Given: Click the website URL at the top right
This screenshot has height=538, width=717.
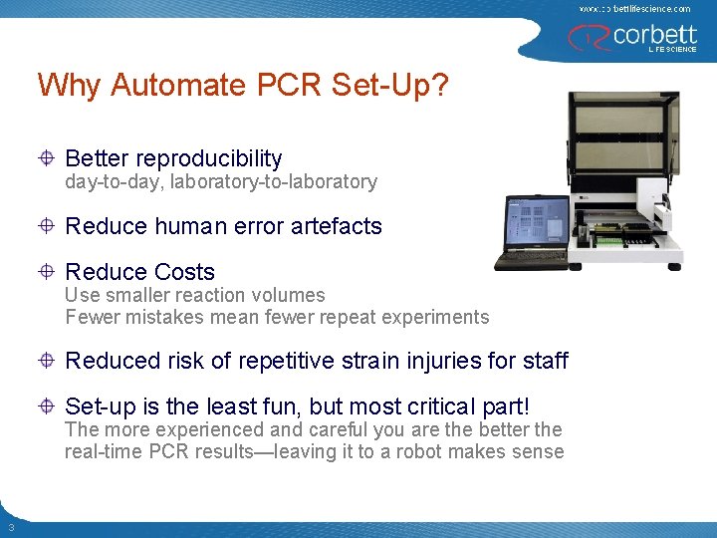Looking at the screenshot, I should pos(634,8).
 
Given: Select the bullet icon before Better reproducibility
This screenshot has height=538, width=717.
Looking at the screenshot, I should pos(47,158).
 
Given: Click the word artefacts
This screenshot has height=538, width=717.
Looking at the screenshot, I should pos(336,226).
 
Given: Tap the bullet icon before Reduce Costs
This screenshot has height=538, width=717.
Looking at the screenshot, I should pos(47,272).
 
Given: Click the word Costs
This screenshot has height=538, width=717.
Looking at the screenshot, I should pos(185,272).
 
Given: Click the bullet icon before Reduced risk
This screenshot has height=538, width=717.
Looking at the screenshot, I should pos(47,361).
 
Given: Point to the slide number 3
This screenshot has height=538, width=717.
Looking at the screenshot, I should pos(10,527).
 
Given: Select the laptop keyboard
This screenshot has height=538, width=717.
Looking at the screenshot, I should pos(528,261).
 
